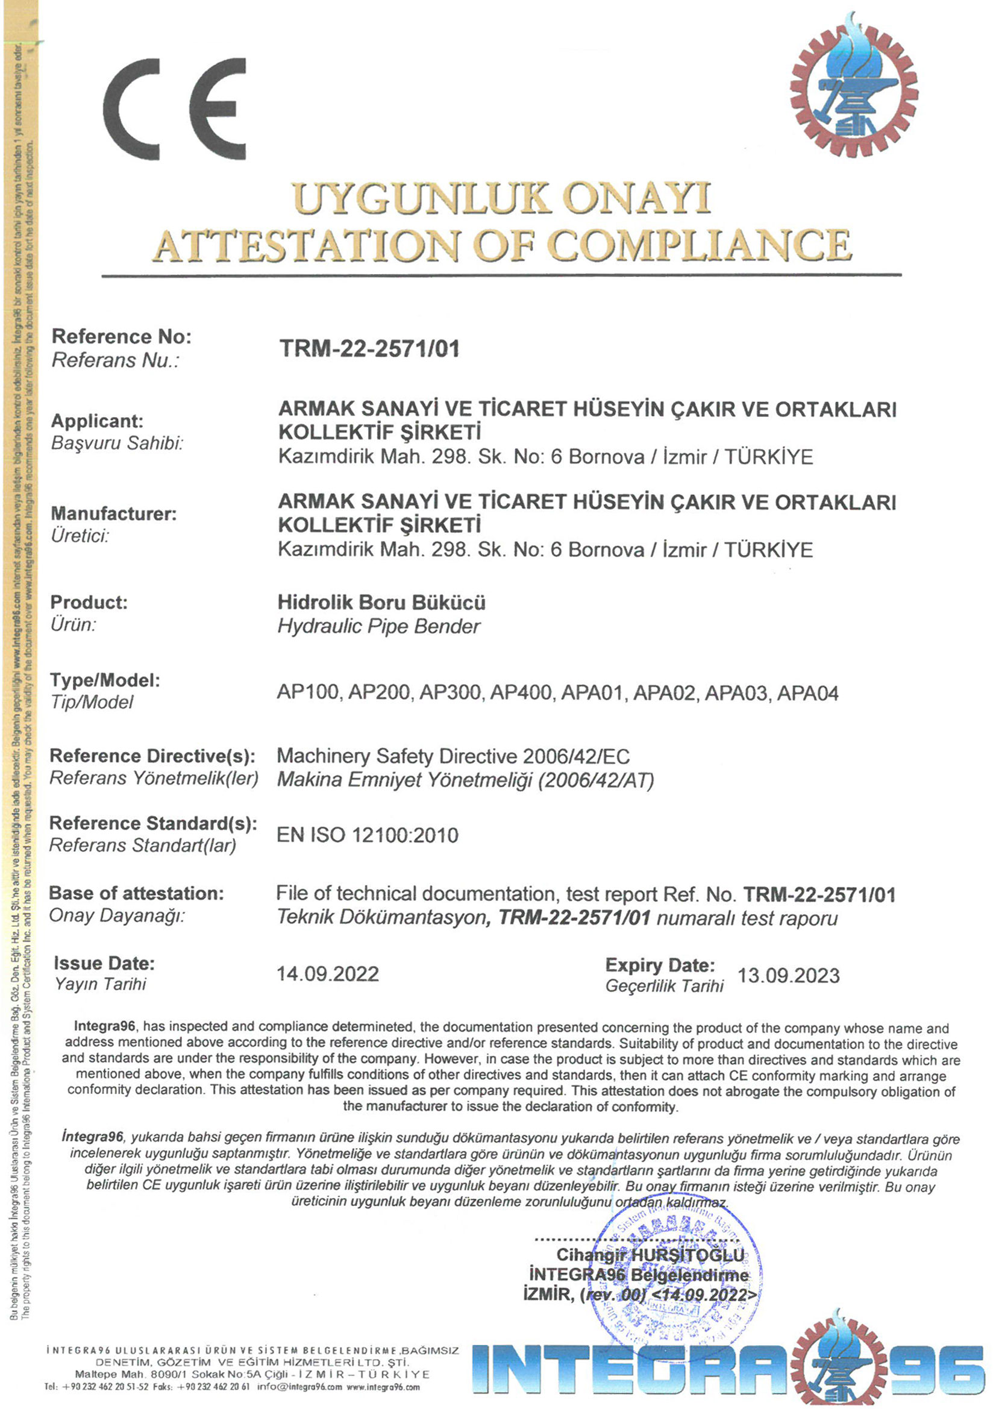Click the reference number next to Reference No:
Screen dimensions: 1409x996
click(x=369, y=348)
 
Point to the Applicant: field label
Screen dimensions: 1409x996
click(x=97, y=421)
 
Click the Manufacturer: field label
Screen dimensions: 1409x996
click(x=113, y=513)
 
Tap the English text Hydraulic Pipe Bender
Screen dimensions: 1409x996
click(x=378, y=627)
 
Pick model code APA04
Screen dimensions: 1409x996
click(x=807, y=693)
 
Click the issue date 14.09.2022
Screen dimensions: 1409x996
click(x=328, y=974)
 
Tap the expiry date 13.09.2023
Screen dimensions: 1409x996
click(x=788, y=976)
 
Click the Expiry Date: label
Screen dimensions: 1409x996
click(x=660, y=965)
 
